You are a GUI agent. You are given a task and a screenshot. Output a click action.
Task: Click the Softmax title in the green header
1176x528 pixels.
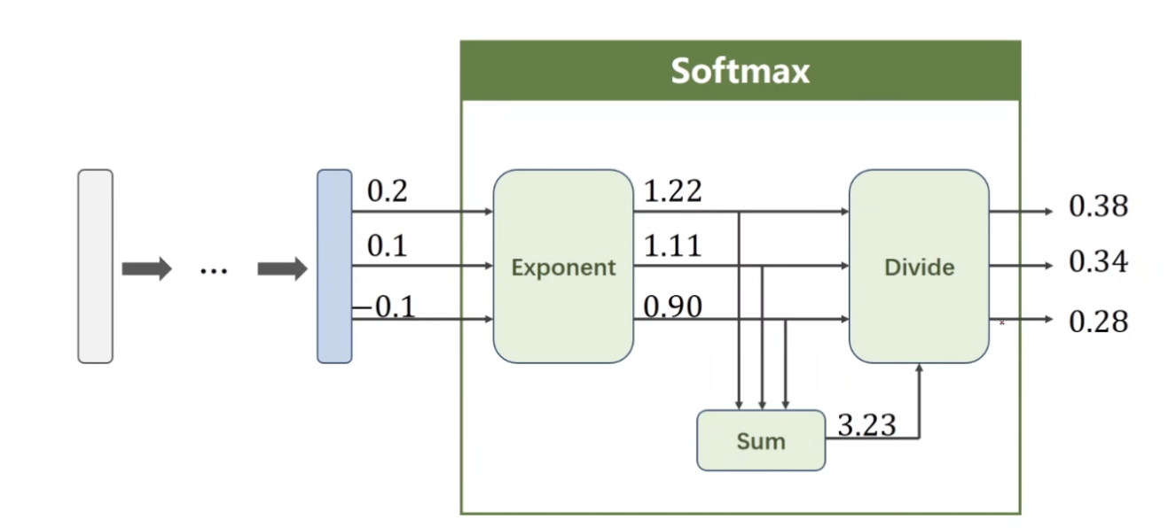tap(740, 70)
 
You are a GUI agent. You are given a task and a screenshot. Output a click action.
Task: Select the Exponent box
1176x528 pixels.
tap(563, 267)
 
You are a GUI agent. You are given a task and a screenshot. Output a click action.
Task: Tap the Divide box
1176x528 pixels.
tap(919, 267)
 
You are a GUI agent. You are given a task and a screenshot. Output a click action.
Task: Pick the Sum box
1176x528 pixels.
tap(761, 440)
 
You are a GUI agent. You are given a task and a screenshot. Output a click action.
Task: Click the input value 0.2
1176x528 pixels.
tap(387, 191)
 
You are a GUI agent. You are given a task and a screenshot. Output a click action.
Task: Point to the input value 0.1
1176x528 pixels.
tap(387, 245)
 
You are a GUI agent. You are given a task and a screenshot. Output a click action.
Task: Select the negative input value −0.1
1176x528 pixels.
tap(384, 307)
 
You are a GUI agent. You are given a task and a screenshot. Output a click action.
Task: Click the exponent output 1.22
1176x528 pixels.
tap(672, 191)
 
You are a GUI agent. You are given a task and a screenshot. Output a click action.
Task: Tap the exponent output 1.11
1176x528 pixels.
tap(672, 245)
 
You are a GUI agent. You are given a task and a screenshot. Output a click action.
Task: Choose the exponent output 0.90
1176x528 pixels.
tap(672, 307)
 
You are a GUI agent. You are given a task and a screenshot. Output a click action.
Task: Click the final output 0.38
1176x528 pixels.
tap(1098, 206)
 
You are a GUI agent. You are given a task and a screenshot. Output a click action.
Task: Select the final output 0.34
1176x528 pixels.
tap(1098, 262)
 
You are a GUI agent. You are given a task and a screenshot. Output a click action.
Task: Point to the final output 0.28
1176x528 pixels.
tap(1098, 321)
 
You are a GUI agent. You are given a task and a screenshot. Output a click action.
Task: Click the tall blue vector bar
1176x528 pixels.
tap(334, 267)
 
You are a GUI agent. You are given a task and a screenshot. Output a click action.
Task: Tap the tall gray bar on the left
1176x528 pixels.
tap(95, 267)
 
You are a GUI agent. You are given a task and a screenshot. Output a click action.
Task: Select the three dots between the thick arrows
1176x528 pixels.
tap(214, 269)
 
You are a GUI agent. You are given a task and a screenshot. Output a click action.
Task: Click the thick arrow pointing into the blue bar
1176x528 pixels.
tap(281, 268)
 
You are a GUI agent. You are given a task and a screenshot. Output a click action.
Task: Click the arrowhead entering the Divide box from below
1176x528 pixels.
tap(919, 369)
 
